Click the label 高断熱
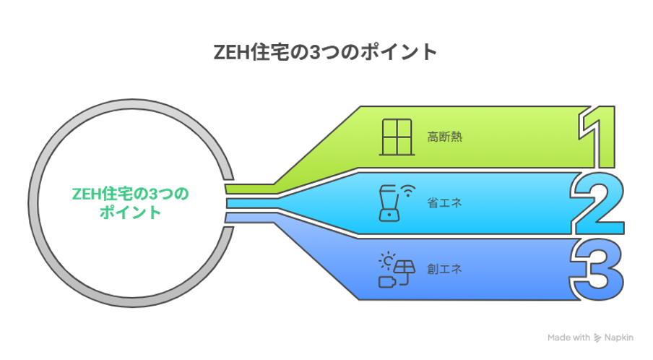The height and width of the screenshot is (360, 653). point(445,137)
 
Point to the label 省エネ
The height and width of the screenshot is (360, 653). point(445,203)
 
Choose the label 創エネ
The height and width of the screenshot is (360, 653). point(445,269)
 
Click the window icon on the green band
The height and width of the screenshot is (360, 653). point(397,137)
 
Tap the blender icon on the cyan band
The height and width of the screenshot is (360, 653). point(389,203)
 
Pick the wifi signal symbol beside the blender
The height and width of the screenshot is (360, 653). point(409,191)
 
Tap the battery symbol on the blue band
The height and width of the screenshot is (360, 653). point(387,282)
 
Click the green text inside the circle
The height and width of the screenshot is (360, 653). point(130,203)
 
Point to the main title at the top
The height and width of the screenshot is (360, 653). point(325,53)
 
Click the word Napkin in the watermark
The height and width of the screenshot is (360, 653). point(619,338)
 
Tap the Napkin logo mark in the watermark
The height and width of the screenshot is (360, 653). point(597,338)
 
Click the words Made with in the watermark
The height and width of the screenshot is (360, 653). point(569,338)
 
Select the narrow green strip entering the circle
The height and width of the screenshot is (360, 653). point(250,189)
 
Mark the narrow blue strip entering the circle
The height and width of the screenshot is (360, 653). point(250,218)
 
